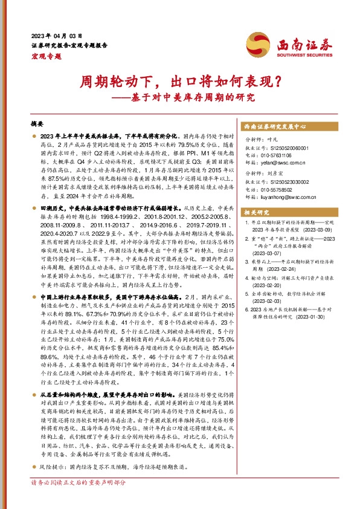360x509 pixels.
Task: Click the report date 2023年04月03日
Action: click(56, 36)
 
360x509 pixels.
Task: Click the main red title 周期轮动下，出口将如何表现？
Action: click(179, 80)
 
